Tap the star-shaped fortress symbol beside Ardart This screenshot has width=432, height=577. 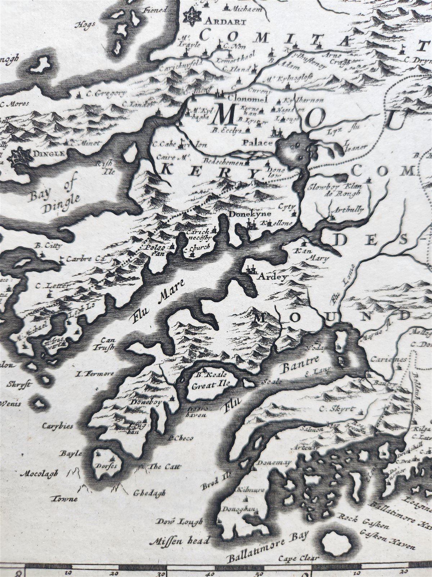[x=192, y=16]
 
